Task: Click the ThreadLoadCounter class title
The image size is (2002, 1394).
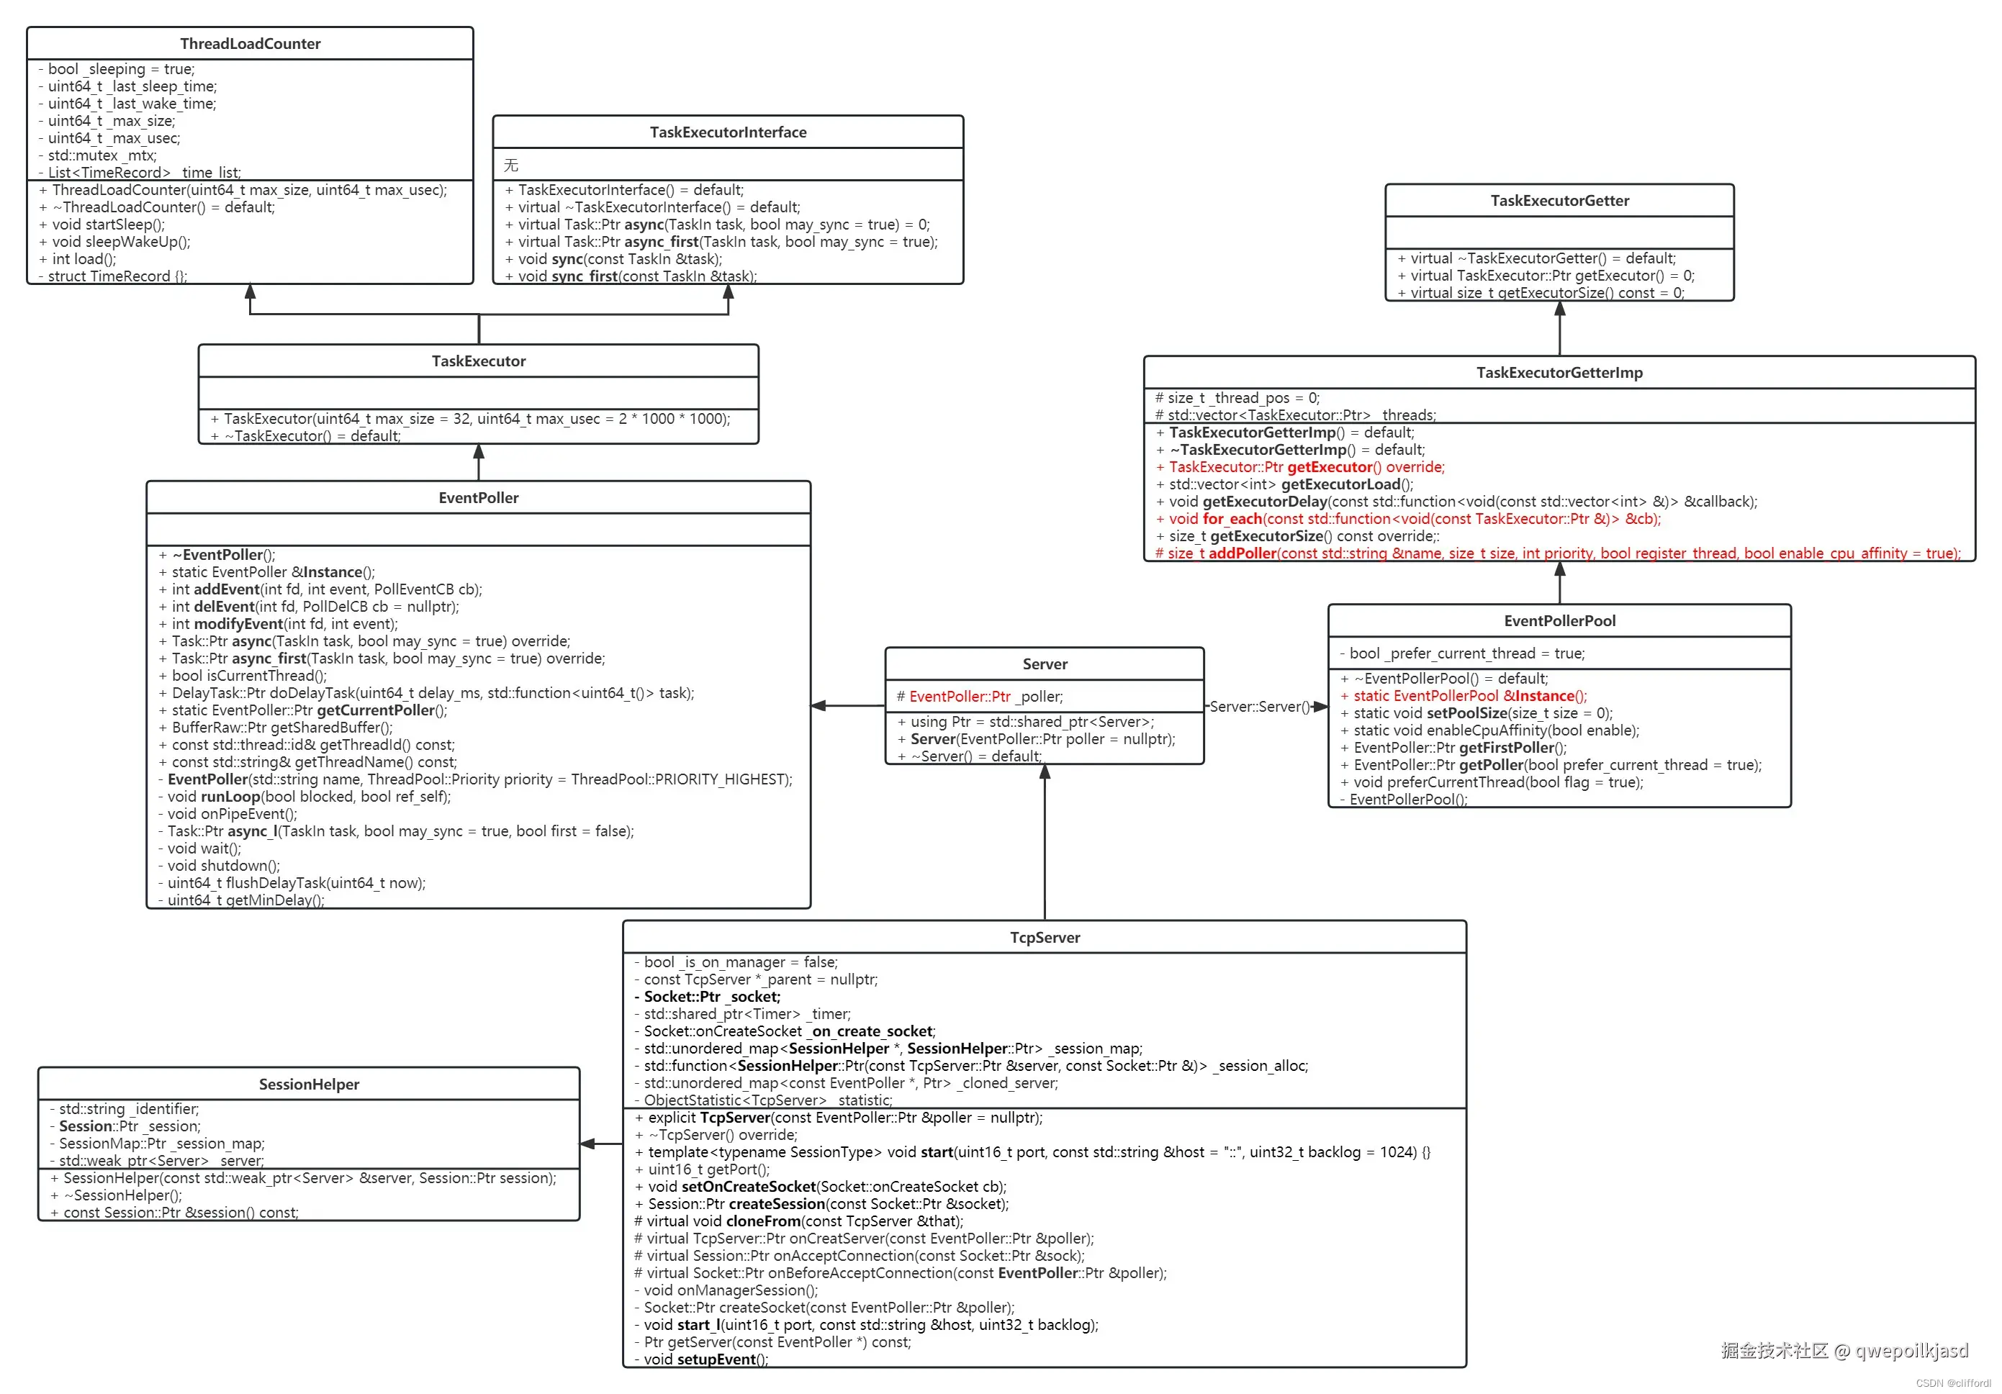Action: click(x=251, y=44)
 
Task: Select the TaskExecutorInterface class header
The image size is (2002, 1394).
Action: click(x=727, y=132)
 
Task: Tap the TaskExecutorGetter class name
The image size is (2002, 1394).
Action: click(x=1559, y=201)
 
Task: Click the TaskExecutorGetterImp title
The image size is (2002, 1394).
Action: click(x=1559, y=372)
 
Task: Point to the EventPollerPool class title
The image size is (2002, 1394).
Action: click(x=1559, y=621)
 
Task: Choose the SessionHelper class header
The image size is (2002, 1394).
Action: click(x=309, y=1084)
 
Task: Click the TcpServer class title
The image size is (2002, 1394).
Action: click(x=1045, y=937)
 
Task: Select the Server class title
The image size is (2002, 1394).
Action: click(x=1045, y=664)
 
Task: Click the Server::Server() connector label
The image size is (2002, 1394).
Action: click(x=1259, y=706)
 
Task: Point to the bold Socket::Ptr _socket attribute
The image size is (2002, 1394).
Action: click(x=711, y=997)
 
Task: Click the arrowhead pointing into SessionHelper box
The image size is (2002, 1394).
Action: click(x=587, y=1143)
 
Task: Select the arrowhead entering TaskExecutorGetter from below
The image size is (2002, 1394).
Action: click(x=1559, y=310)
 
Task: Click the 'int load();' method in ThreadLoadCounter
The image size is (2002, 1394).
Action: click(x=83, y=259)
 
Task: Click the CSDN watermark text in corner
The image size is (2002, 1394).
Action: click(x=1952, y=1382)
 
